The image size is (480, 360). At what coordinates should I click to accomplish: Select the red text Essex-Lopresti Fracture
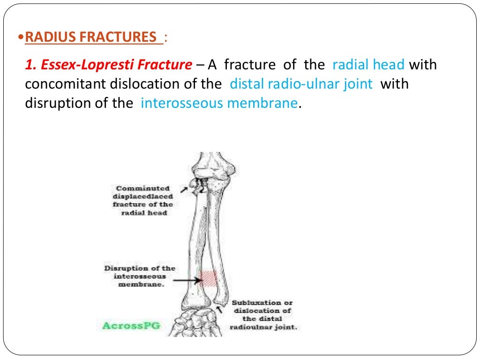(108, 64)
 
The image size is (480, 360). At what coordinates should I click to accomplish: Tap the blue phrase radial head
(368, 64)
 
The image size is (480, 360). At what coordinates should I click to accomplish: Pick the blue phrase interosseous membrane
(219, 103)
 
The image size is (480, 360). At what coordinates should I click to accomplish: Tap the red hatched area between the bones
(208, 278)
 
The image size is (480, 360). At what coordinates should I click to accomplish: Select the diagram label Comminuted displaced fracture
(143, 201)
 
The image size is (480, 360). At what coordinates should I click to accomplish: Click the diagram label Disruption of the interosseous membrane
(139, 277)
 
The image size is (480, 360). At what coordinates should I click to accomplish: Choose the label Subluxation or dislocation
(263, 315)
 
